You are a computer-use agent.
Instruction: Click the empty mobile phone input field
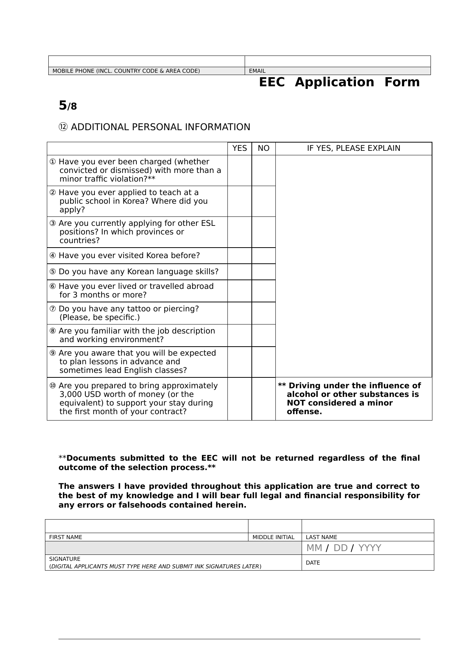click(x=147, y=62)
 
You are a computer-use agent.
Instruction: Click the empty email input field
click(x=338, y=62)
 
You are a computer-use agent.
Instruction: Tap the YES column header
click(x=239, y=149)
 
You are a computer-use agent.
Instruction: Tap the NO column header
click(x=263, y=149)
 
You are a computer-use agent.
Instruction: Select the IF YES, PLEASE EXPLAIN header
click(x=353, y=149)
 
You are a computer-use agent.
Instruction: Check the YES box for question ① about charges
click(x=239, y=170)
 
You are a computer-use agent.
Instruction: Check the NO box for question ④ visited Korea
click(x=263, y=255)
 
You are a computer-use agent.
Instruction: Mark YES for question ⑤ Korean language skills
click(x=239, y=272)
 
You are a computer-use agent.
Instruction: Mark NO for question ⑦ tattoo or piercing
click(x=263, y=313)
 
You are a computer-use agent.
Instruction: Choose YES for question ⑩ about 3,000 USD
click(x=239, y=399)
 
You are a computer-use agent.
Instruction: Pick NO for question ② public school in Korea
click(x=263, y=201)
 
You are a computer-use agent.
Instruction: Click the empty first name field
click(x=147, y=526)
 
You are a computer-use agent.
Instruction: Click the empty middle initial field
click(x=275, y=526)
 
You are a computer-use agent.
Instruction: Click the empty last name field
click(x=368, y=526)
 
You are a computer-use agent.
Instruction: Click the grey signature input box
click(x=173, y=548)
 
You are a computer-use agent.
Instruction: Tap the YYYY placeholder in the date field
click(x=369, y=548)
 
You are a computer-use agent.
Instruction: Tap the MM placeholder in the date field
click(x=314, y=548)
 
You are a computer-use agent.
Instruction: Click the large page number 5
click(x=63, y=105)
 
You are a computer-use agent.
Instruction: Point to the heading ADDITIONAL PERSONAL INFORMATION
click(x=160, y=127)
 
